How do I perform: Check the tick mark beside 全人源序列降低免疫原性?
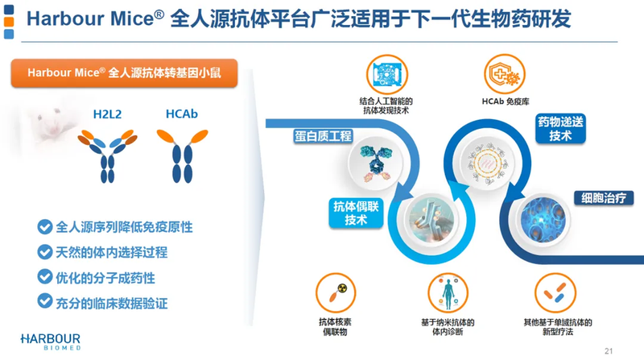(44, 228)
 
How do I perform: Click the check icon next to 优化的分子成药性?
(44, 278)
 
